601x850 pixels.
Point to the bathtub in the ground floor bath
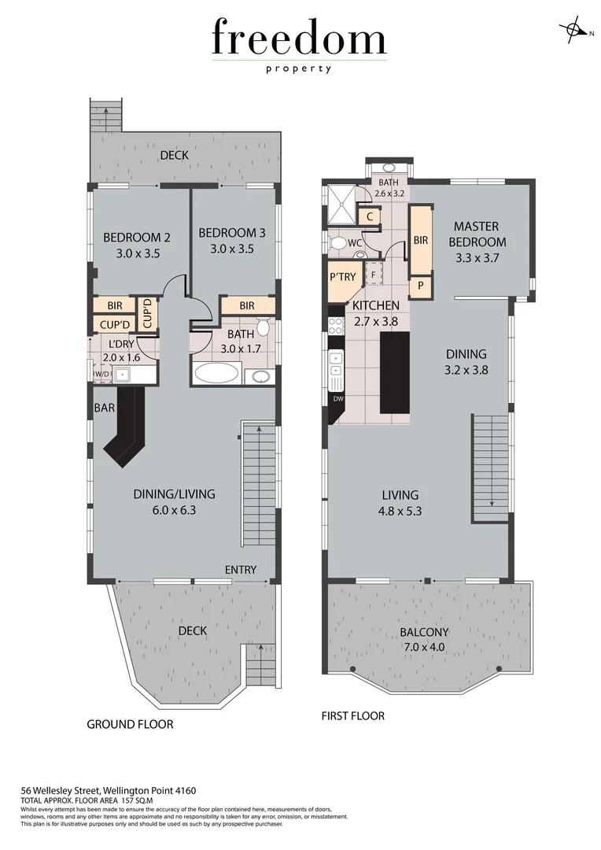pyautogui.click(x=216, y=372)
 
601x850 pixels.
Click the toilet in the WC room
pyautogui.click(x=337, y=243)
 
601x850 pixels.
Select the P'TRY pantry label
pyautogui.click(x=343, y=276)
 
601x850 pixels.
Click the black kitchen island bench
pyautogui.click(x=395, y=372)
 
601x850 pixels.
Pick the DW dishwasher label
pyautogui.click(x=339, y=399)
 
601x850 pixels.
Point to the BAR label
pyautogui.click(x=105, y=408)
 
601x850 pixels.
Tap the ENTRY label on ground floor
pyautogui.click(x=241, y=570)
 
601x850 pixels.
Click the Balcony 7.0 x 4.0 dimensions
pyautogui.click(x=424, y=647)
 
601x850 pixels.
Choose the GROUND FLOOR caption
pyautogui.click(x=130, y=723)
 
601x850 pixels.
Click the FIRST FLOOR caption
pyautogui.click(x=353, y=715)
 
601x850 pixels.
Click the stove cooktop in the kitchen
pyautogui.click(x=336, y=325)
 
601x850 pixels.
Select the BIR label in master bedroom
pyautogui.click(x=421, y=240)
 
